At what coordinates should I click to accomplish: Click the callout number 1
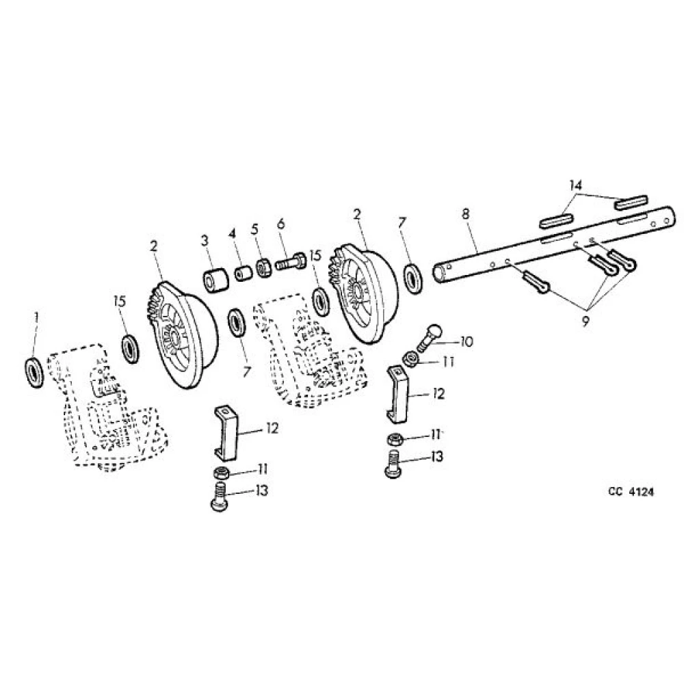[x=37, y=317]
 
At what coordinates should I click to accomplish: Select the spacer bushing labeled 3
[x=215, y=280]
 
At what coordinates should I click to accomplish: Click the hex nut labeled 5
[x=264, y=267]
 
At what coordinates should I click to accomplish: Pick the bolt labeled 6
[x=291, y=263]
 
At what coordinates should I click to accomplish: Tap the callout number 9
[x=585, y=321]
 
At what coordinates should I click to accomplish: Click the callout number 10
[x=466, y=341]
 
